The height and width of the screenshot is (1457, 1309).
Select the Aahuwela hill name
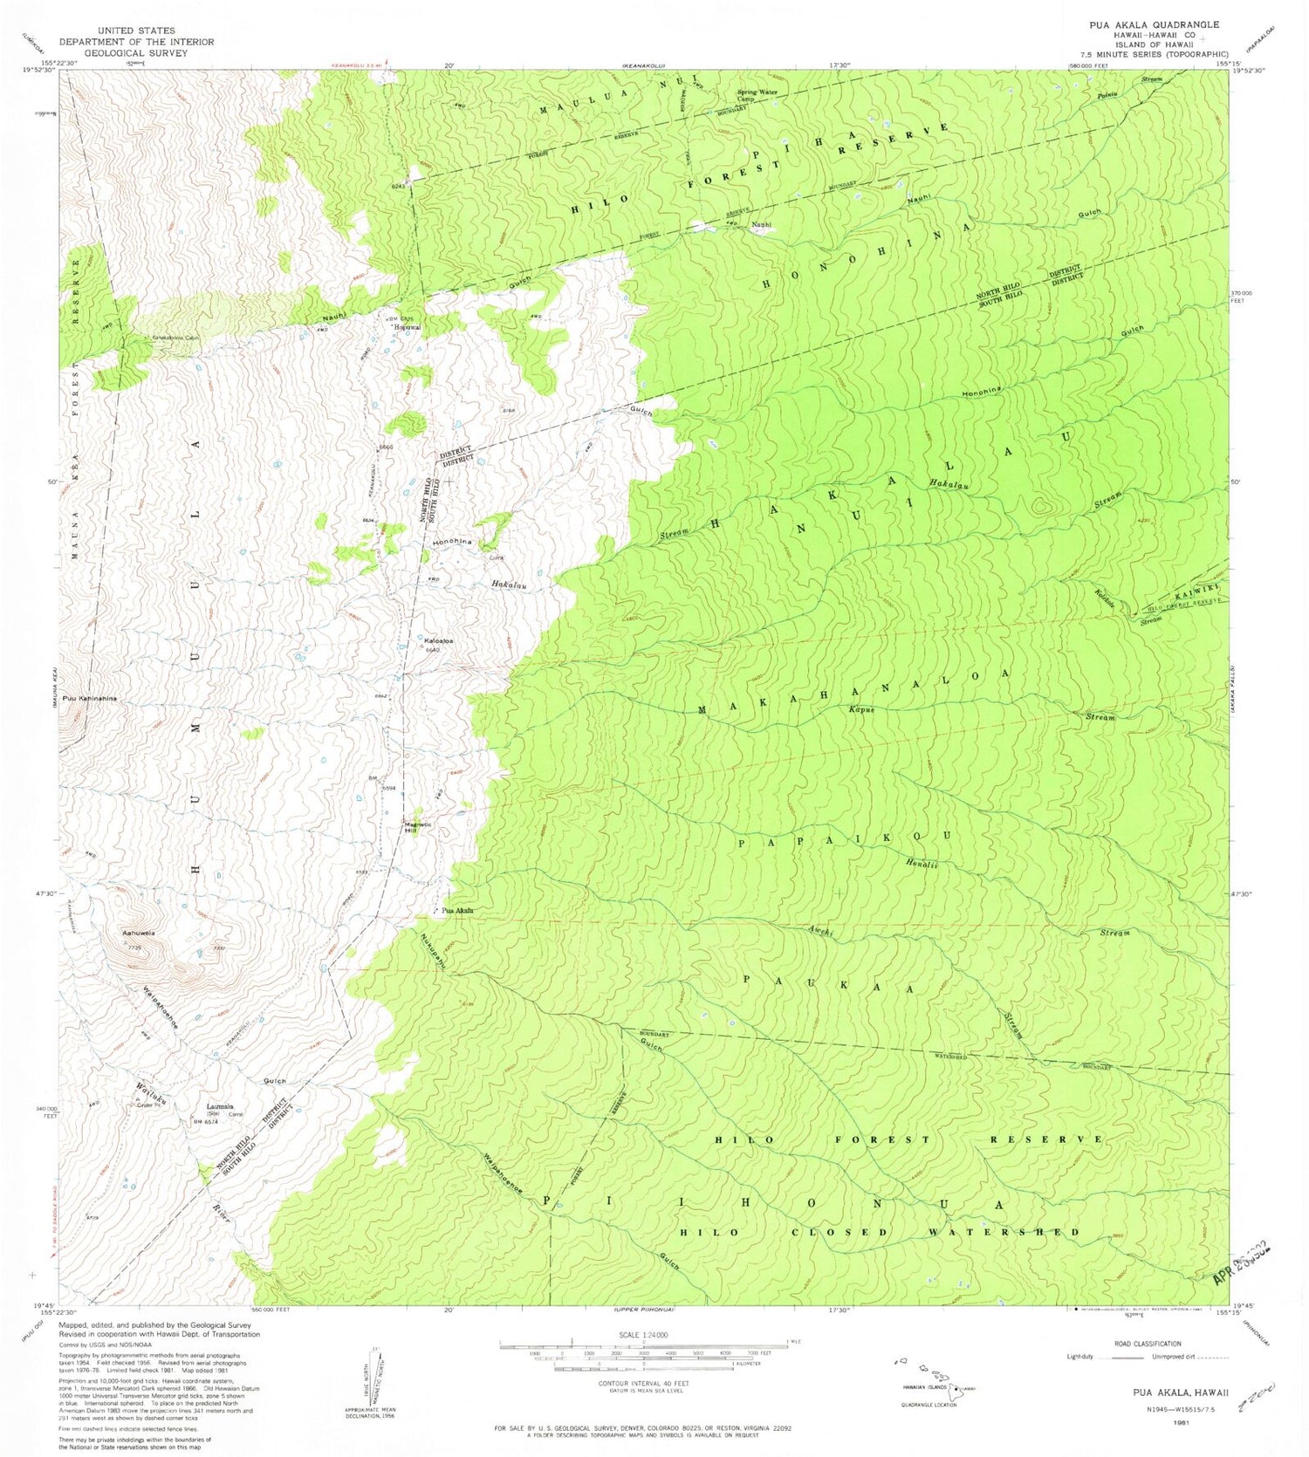[138, 933]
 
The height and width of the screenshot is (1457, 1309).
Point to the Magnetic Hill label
[417, 828]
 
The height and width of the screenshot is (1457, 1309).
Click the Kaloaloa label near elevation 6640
[438, 641]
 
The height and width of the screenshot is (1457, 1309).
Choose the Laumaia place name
[220, 1105]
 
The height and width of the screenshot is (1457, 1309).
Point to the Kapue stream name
[861, 709]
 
